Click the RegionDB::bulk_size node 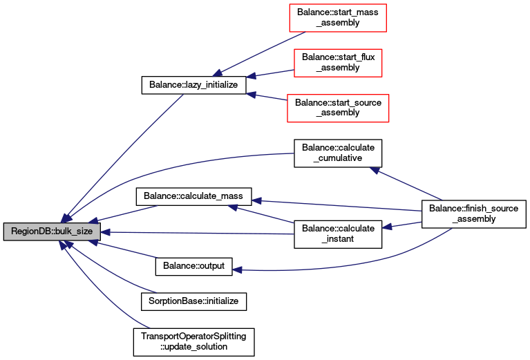(52, 231)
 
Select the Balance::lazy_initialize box (193, 85)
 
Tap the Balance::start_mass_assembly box (338, 18)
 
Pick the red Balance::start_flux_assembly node (338, 63)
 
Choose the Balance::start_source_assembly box (338, 108)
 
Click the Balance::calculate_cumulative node (338, 153)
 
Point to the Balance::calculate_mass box (193, 196)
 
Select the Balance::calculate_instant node (338, 234)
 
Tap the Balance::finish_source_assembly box (474, 214)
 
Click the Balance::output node (193, 266)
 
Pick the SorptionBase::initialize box (193, 301)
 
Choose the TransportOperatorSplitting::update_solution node (193, 342)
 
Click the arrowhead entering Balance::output (237, 269)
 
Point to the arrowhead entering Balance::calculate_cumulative (375, 170)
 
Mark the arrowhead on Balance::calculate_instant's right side (387, 227)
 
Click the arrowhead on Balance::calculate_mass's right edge (256, 201)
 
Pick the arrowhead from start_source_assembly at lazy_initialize (251, 95)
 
